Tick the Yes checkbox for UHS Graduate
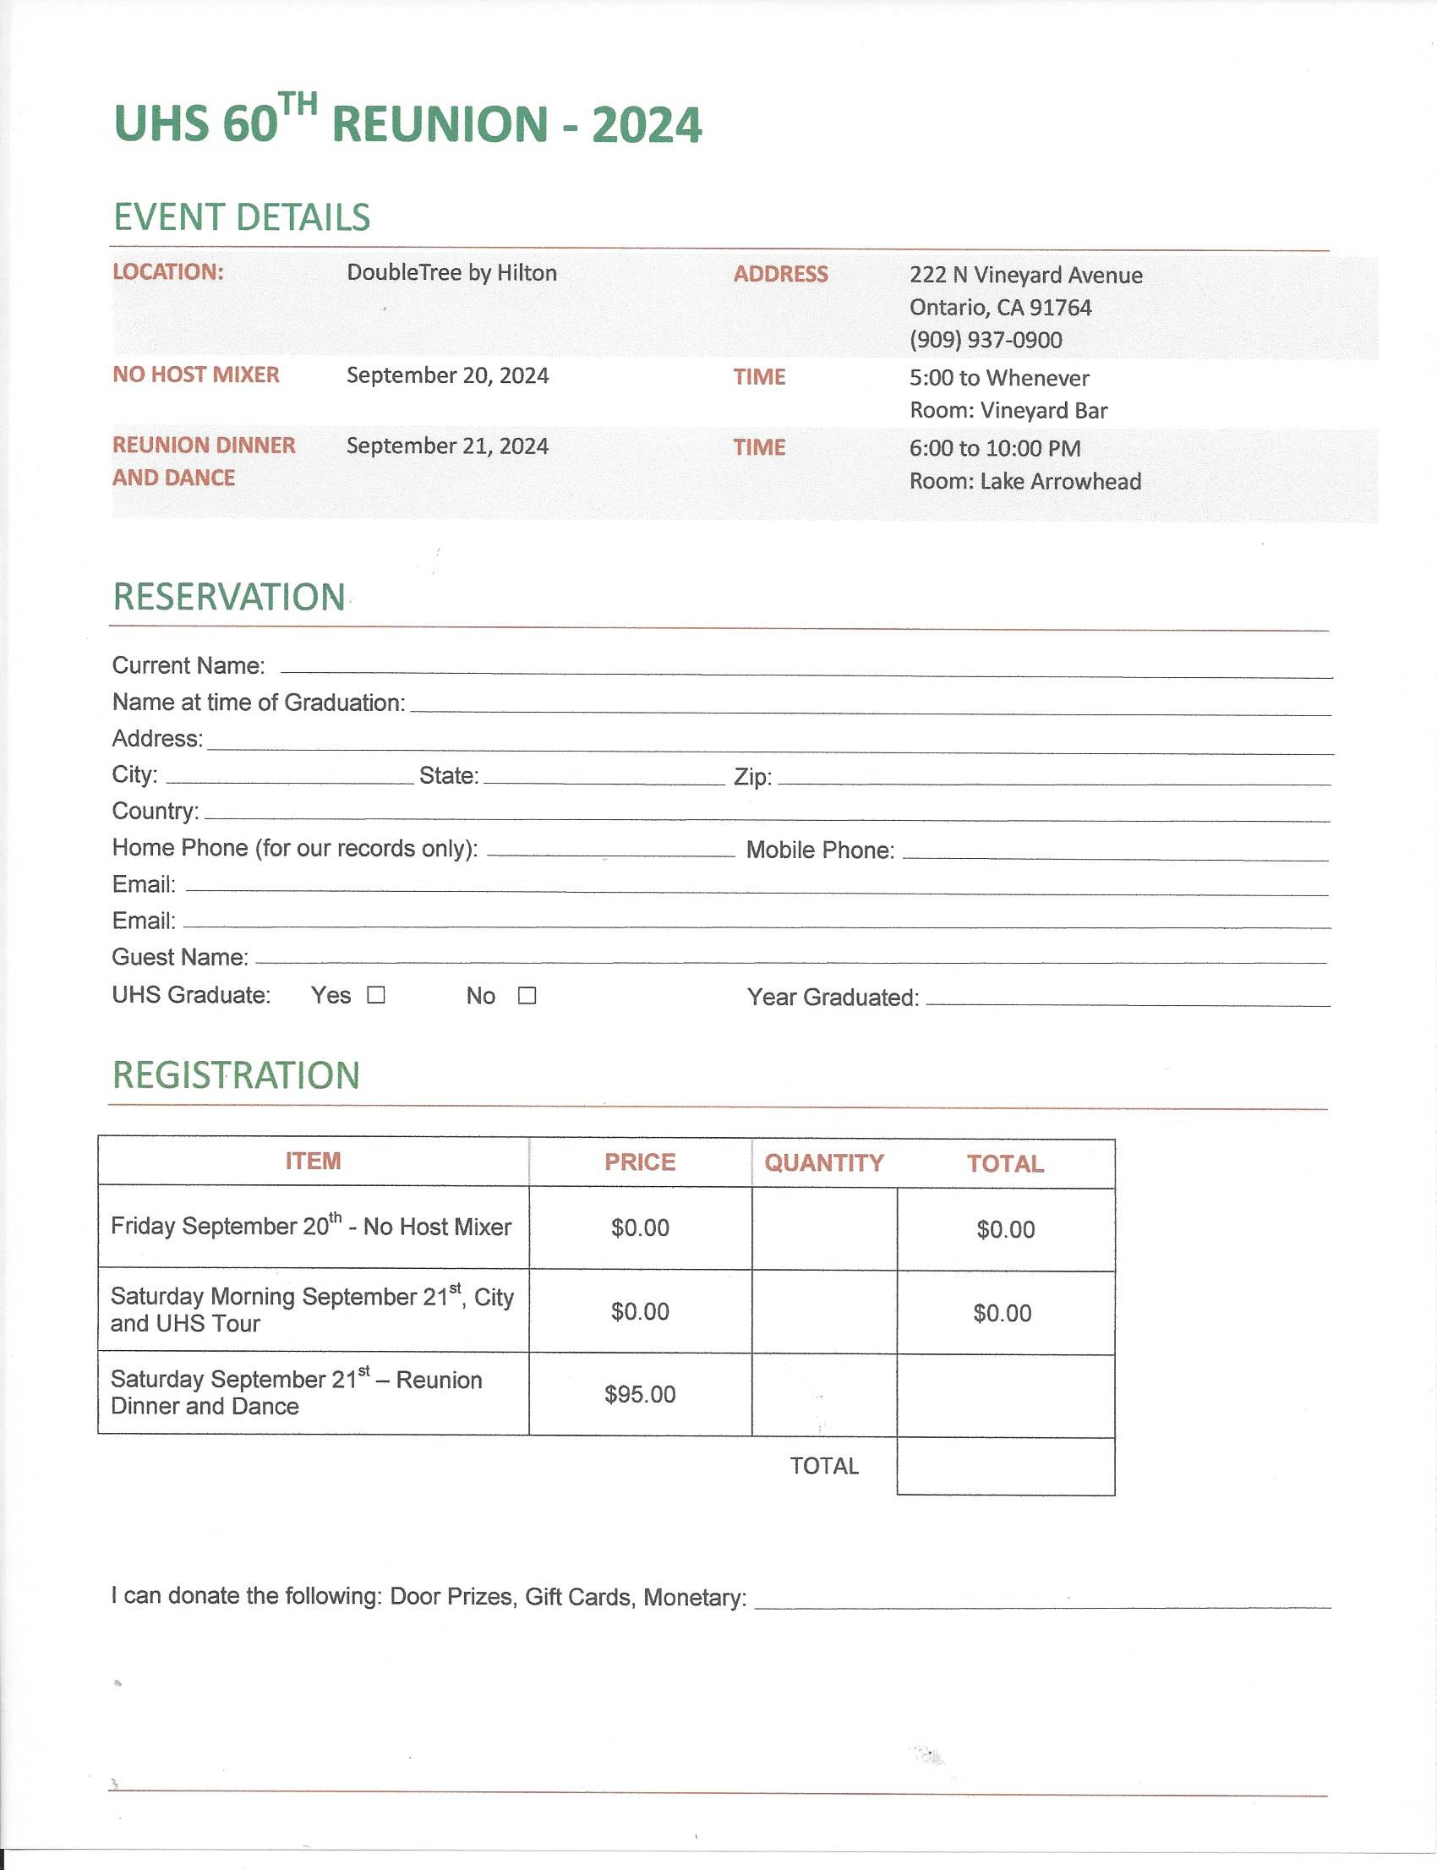click(x=376, y=995)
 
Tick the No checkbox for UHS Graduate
click(x=527, y=995)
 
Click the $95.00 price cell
click(x=640, y=1394)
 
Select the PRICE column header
click(x=640, y=1162)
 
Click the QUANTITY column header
click(x=823, y=1162)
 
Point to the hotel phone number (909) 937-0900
click(x=986, y=340)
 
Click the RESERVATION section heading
click(x=229, y=597)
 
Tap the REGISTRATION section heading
click(x=236, y=1075)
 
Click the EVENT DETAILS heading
click(x=242, y=217)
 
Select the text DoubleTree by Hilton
click(x=451, y=273)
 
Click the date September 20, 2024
click(x=447, y=375)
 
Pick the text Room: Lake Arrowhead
click(x=1024, y=482)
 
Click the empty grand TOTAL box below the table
click(x=1005, y=1466)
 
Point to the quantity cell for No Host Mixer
click(x=823, y=1228)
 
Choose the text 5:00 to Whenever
click(x=999, y=378)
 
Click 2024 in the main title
click(x=647, y=125)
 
